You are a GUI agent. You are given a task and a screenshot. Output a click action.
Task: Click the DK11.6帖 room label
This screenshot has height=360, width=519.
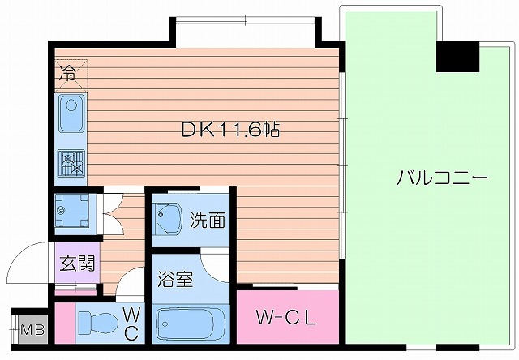(x=230, y=130)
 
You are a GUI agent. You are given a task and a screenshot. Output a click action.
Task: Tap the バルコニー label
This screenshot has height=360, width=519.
(x=442, y=178)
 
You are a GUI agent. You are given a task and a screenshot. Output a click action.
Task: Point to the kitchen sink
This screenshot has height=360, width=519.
(x=71, y=114)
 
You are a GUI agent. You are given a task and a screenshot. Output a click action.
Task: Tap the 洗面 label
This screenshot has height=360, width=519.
(x=208, y=219)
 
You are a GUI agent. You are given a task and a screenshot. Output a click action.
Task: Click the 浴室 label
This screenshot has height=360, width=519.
(x=175, y=280)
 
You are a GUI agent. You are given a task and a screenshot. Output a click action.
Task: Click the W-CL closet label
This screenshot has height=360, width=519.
(x=285, y=317)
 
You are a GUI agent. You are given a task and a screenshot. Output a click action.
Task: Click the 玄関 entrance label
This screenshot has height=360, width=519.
(x=77, y=264)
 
